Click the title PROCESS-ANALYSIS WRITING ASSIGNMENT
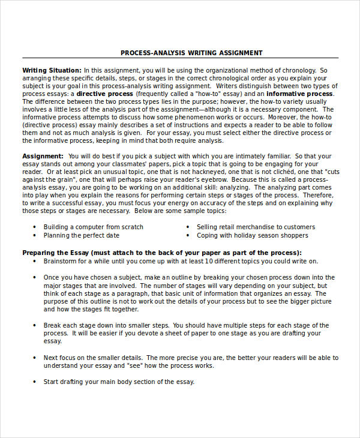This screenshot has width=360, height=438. point(191,53)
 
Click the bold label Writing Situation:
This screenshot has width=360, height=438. point(52,70)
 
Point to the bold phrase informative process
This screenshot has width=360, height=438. point(299,94)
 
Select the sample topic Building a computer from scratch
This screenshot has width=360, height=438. point(93,227)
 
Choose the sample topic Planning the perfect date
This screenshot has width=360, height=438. point(81,235)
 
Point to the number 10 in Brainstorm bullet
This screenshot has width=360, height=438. point(209,262)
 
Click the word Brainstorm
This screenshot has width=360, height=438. point(63,262)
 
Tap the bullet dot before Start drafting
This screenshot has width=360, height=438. point(35,382)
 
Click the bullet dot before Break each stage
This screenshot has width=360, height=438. point(35,325)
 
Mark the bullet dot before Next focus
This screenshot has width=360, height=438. point(35,357)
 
